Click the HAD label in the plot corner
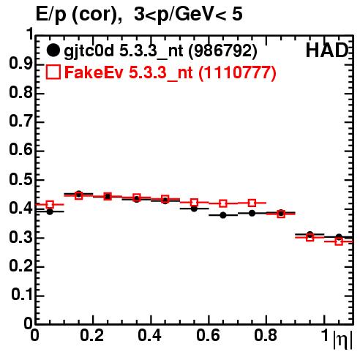click(x=327, y=50)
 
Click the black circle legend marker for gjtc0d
click(x=53, y=50)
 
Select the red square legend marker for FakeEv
click(x=53, y=72)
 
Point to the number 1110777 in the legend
click(x=237, y=72)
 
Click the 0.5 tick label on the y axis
click(x=20, y=180)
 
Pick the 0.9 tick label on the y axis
click(x=20, y=64)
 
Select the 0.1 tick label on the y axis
click(x=22, y=295)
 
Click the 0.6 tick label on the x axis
click(x=208, y=335)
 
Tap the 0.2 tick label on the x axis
click(x=92, y=335)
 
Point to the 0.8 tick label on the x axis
click(x=266, y=335)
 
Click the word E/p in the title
click(x=50, y=15)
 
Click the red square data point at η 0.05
click(x=50, y=204)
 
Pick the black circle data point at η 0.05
click(x=50, y=211)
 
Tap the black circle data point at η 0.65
click(x=223, y=215)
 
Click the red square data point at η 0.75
click(x=252, y=203)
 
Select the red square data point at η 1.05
click(x=339, y=241)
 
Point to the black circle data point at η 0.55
click(x=194, y=209)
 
